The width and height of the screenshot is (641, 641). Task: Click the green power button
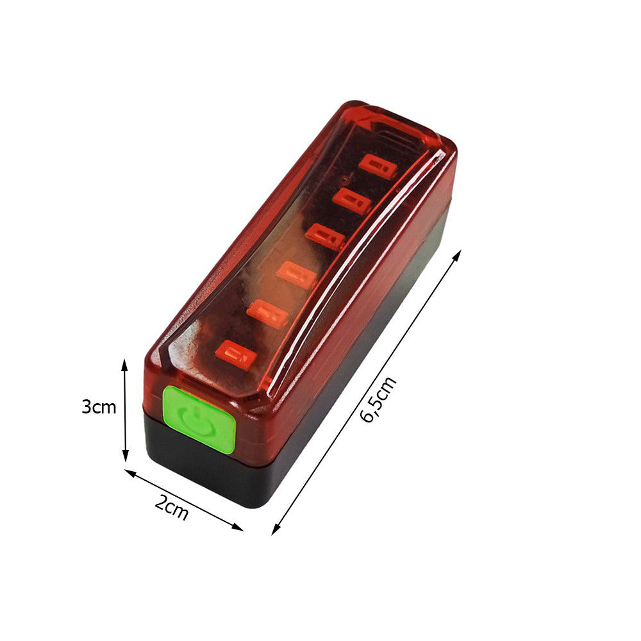pos(199,419)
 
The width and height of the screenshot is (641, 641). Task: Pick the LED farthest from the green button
pos(378,165)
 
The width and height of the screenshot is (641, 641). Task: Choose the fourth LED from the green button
pos(325,237)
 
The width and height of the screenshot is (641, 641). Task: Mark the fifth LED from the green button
pos(352,201)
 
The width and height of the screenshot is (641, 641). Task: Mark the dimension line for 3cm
pos(125,410)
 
